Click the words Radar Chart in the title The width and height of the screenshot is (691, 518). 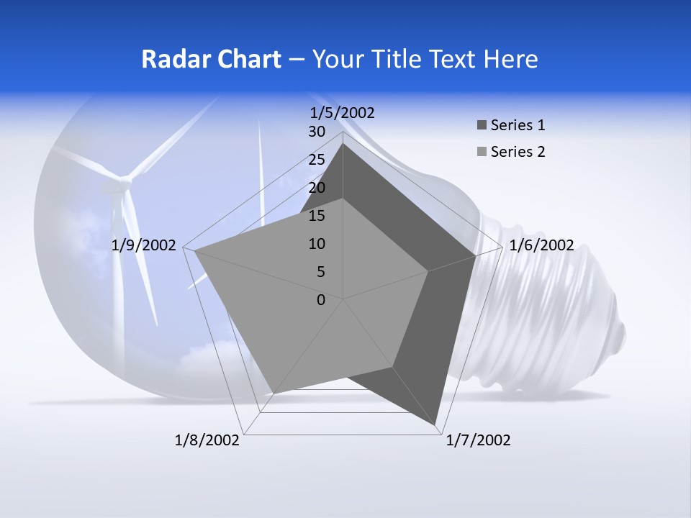[211, 60]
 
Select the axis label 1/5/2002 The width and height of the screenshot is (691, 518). [343, 112]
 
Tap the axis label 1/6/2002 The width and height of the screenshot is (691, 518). [541, 245]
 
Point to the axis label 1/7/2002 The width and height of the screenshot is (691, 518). [478, 440]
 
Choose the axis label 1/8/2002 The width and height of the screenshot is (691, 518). [207, 440]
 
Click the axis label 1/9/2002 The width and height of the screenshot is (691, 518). [144, 245]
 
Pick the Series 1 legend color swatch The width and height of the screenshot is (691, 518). [482, 126]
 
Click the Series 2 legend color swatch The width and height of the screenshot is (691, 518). [482, 152]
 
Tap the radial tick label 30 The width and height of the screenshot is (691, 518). [317, 132]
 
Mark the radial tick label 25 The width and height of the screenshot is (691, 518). [317, 160]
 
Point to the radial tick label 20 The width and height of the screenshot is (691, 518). [317, 188]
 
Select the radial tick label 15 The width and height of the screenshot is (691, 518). [317, 216]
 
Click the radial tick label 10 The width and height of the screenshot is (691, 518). [317, 244]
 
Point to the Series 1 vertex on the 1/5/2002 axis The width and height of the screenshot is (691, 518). [343, 143]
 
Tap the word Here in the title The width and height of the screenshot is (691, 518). [511, 60]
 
